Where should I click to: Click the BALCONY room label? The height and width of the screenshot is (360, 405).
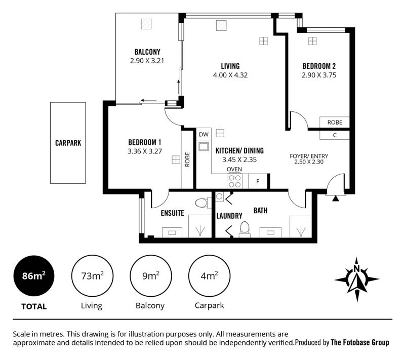(147, 52)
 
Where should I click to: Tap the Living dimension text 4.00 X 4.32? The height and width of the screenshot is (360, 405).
(230, 75)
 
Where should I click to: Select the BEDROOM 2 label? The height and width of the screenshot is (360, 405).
(319, 66)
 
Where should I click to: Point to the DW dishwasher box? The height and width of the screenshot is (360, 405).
(204, 134)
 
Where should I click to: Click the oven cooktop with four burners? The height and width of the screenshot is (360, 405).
(235, 181)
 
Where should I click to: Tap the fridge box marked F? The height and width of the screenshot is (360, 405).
(258, 181)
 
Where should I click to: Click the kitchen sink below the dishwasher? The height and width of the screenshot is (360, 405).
(204, 146)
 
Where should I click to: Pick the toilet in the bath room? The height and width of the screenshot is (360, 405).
(245, 229)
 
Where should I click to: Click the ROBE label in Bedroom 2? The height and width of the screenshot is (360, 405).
(335, 123)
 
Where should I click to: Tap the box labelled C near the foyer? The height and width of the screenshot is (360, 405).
(335, 135)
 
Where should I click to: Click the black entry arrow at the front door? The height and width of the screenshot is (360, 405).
(336, 198)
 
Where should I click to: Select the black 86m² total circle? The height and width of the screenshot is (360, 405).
(34, 276)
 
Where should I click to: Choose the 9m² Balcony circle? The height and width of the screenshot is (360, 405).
(151, 276)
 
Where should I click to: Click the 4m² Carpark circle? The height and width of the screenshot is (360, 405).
(209, 276)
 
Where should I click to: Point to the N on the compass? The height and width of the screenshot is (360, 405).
(357, 268)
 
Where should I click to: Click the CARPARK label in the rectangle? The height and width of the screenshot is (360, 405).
(68, 143)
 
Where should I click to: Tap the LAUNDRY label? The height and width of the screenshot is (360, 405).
(229, 216)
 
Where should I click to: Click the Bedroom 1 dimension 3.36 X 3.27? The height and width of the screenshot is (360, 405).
(145, 151)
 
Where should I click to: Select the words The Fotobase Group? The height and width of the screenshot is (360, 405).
(360, 343)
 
